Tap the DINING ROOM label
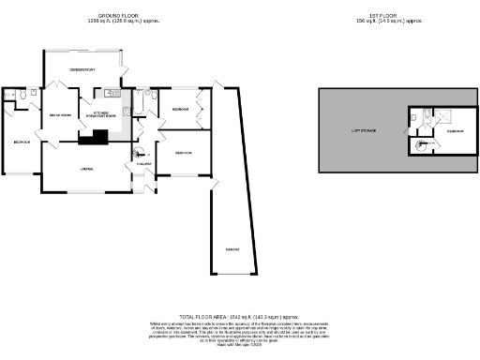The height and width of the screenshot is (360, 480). (x=60, y=114)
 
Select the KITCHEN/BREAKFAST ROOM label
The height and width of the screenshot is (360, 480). (x=100, y=114)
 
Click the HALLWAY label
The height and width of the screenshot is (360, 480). (x=145, y=165)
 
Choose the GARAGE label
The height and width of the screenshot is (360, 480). (x=231, y=249)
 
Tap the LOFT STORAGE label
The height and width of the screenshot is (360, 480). (x=364, y=130)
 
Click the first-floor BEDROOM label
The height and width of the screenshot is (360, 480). (x=454, y=131)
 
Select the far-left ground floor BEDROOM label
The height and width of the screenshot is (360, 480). (x=22, y=142)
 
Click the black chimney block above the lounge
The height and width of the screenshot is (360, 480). (x=94, y=140)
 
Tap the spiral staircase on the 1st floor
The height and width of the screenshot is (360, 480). (x=420, y=144)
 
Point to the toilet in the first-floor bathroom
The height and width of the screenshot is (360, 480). (x=424, y=115)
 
